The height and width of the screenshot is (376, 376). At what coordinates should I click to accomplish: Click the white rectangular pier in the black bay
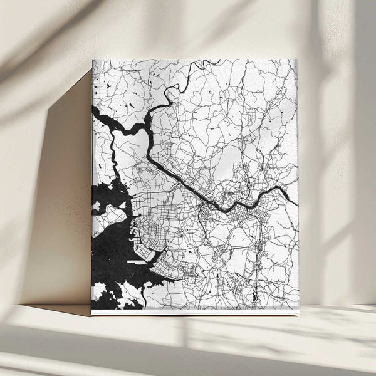point(135,260)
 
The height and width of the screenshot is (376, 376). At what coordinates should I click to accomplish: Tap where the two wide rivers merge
point(148,125)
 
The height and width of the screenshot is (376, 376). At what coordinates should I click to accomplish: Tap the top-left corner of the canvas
point(93,60)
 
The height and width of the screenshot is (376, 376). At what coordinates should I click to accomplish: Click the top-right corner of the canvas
point(297,60)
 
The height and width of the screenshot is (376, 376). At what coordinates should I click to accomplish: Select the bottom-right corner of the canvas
point(298,314)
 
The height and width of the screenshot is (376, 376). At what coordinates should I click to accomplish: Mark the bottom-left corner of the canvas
point(91,314)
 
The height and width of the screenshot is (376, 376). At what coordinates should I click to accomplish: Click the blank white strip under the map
point(194,311)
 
